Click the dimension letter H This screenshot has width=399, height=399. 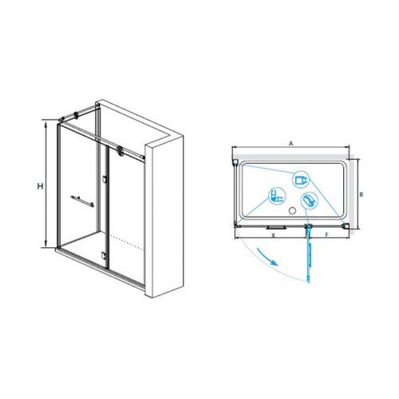click(40, 186)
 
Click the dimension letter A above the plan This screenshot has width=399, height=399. click(291, 144)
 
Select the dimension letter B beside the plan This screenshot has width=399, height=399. click(361, 195)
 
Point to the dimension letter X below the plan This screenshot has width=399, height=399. click(273, 235)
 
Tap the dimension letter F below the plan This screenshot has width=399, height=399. click(327, 235)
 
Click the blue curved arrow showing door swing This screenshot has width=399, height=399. click(267, 256)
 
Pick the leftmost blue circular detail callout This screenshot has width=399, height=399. click(277, 196)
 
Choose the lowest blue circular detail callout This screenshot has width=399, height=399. click(310, 200)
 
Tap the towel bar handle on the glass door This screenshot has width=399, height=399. click(82, 201)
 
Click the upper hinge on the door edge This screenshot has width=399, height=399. click(105, 179)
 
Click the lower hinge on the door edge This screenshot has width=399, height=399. click(104, 255)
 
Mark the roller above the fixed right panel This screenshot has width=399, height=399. click(120, 150)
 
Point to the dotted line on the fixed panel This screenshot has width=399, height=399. click(128, 243)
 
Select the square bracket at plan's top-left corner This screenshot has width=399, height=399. click(235, 162)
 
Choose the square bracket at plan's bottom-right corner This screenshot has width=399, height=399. click(347, 226)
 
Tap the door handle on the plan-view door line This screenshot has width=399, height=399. click(276, 227)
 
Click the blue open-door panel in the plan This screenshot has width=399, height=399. click(309, 254)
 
